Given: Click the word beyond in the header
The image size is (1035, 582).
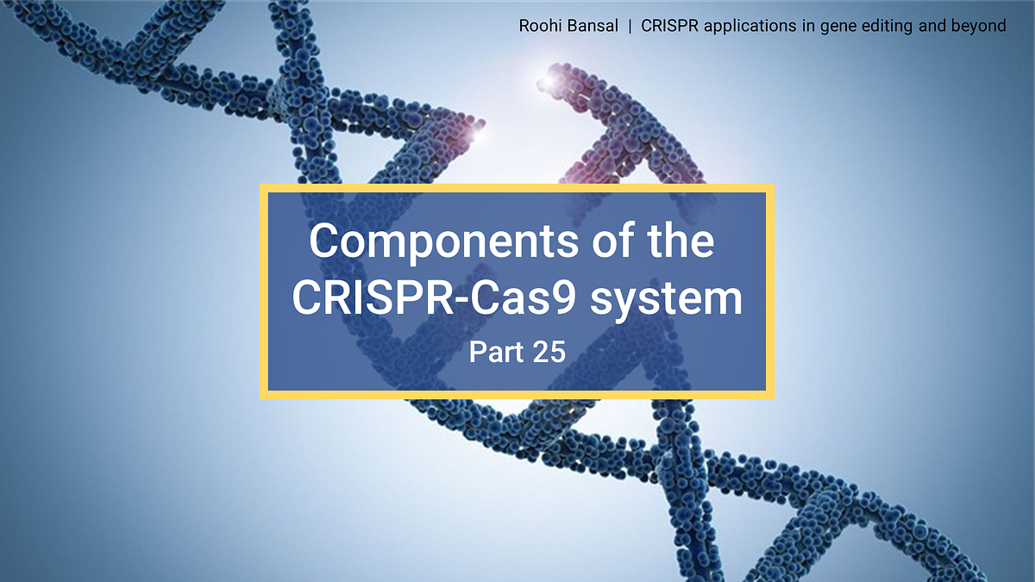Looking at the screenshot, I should [x=980, y=26].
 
